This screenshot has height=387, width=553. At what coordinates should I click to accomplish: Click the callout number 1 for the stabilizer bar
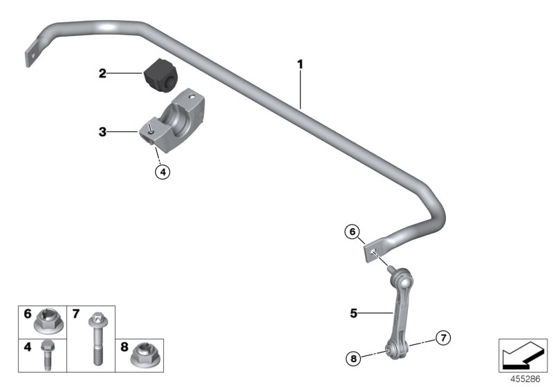(300, 64)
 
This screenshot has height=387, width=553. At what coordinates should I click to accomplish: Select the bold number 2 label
(102, 73)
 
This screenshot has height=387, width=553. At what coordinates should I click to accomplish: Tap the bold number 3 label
(102, 131)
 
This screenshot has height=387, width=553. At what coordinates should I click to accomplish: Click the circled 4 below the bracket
(161, 172)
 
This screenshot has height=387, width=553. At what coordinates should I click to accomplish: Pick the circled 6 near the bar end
(353, 233)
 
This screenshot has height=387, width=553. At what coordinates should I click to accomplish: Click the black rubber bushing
(161, 75)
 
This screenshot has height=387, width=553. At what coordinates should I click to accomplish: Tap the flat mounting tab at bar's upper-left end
(31, 55)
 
